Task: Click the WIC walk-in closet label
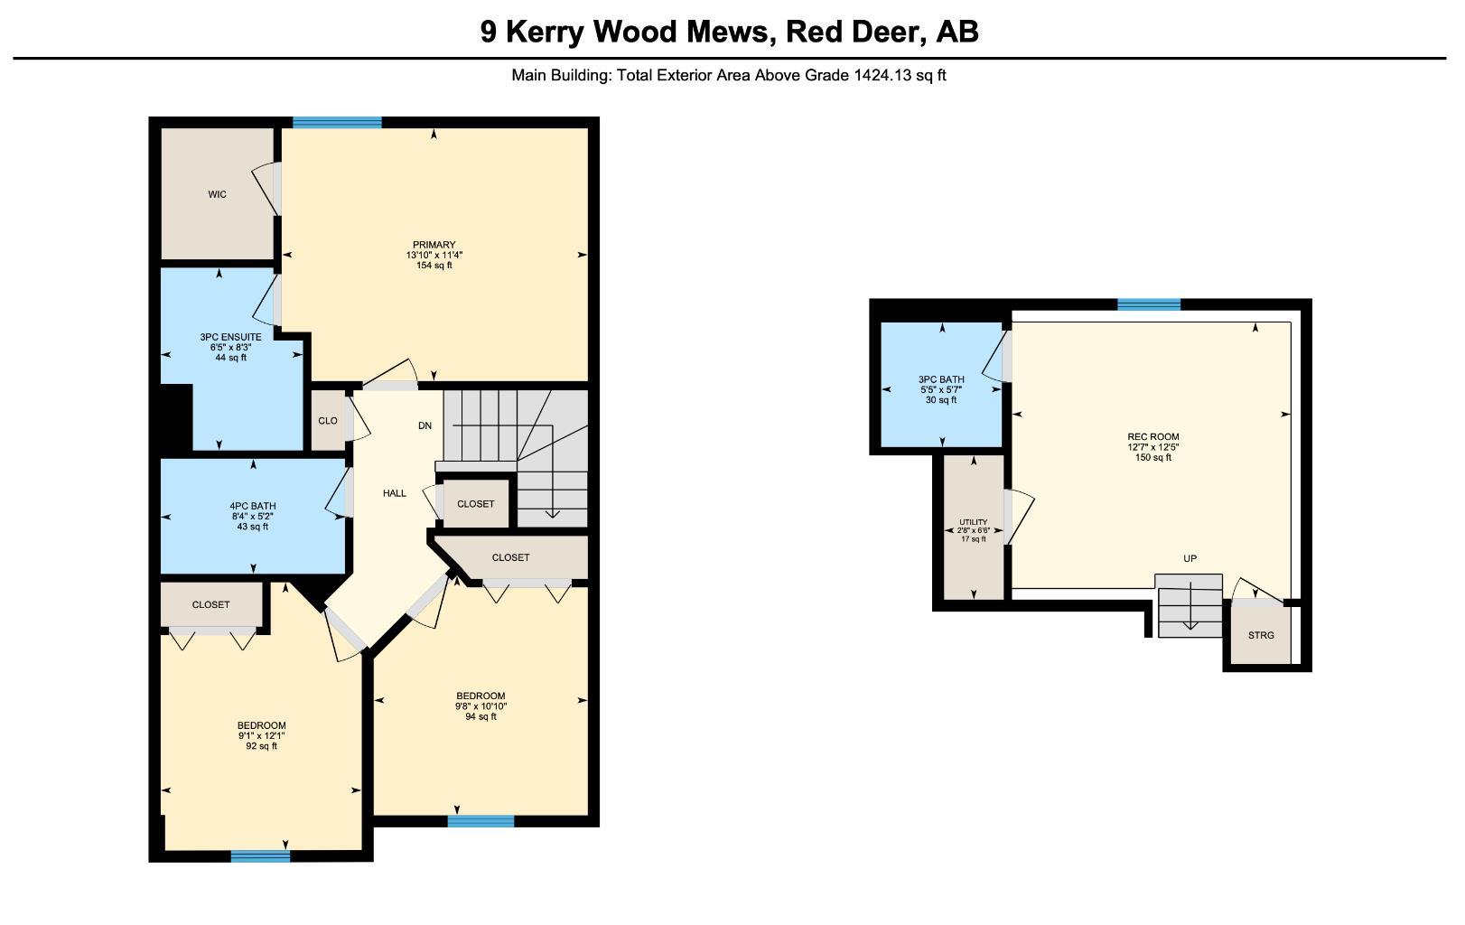coord(217,194)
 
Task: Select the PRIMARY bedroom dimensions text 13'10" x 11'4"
coord(434,255)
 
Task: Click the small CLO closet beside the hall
coord(328,421)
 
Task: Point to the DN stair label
coord(425,425)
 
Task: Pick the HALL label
coord(395,493)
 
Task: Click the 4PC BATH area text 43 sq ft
coord(252,527)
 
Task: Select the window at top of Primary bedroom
coord(337,123)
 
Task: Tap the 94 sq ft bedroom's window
coord(481,821)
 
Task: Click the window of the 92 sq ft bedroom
coord(260,856)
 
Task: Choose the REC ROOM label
coord(1153,437)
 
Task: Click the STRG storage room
coord(1261,635)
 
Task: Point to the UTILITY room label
coord(974,522)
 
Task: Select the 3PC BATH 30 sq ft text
coord(941,400)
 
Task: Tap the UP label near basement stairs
coord(1190,558)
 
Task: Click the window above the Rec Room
coord(1149,304)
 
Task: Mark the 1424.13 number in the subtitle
coord(883,76)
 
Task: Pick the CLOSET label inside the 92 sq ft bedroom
coord(210,604)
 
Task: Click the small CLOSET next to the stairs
coord(475,504)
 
